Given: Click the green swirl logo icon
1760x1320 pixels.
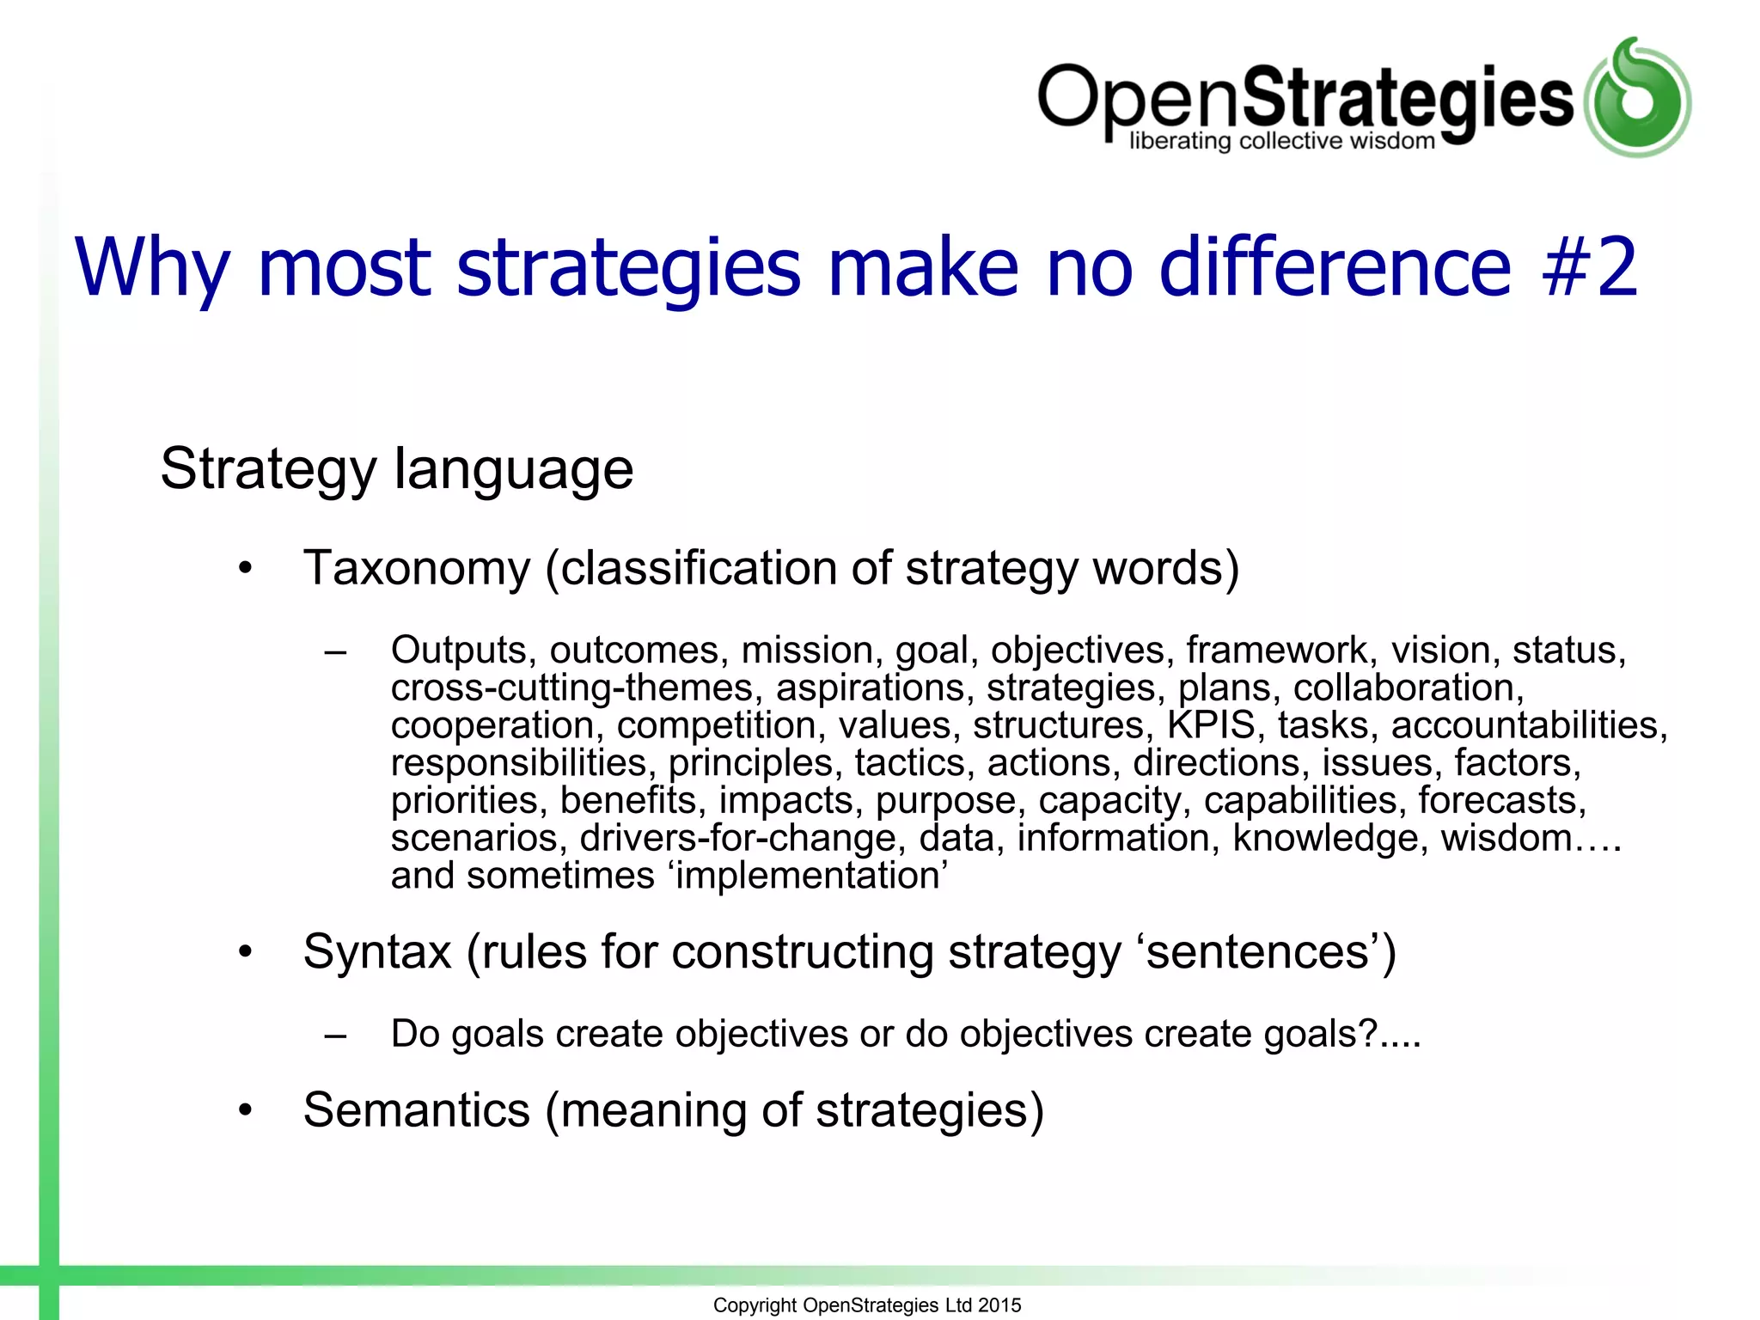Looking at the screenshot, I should pos(1637,98).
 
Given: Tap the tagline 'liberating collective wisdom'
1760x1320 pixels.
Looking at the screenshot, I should pos(1281,141).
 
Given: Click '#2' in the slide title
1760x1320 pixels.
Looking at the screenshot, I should pos(1590,267).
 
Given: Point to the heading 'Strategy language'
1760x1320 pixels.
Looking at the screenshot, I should pos(396,469).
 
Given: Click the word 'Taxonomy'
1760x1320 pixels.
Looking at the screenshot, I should pos(417,569).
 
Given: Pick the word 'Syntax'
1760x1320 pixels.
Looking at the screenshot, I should pos(377,952).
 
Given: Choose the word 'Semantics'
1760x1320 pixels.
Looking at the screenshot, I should pos(417,1109).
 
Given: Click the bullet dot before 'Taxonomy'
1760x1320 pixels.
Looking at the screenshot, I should pos(247,569).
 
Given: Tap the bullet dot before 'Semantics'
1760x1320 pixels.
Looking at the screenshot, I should pos(247,1110).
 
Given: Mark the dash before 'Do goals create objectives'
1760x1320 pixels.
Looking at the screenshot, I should pos(335,1036).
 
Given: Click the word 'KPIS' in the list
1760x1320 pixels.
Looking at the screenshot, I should pos(1211,725).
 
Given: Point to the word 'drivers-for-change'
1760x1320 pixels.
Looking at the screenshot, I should pos(738,838).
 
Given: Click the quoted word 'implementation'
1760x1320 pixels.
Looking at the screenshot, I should pos(810,876).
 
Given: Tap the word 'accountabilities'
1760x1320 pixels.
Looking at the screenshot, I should pos(1525,725).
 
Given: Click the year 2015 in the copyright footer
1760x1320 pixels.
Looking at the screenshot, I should pos(999,1305).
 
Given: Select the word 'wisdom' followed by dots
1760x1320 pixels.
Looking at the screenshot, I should pos(1506,838).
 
